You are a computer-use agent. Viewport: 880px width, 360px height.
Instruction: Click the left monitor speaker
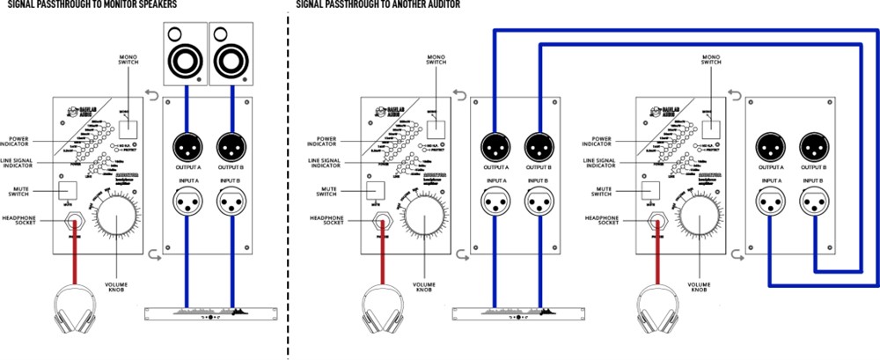pos(186,54)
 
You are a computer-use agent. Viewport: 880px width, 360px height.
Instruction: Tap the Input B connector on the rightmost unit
pos(814,205)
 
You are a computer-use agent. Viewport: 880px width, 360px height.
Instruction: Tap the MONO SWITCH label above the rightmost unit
pos(712,59)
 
